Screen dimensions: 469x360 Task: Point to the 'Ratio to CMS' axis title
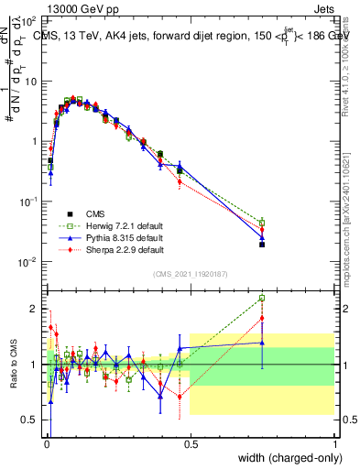tap(14, 365)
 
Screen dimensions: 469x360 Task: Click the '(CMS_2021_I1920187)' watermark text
tap(191, 274)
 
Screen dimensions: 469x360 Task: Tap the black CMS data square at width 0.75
tap(262, 245)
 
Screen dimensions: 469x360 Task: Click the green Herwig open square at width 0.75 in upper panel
tap(262, 223)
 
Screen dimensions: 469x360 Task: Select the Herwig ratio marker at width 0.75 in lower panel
tap(262, 298)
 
